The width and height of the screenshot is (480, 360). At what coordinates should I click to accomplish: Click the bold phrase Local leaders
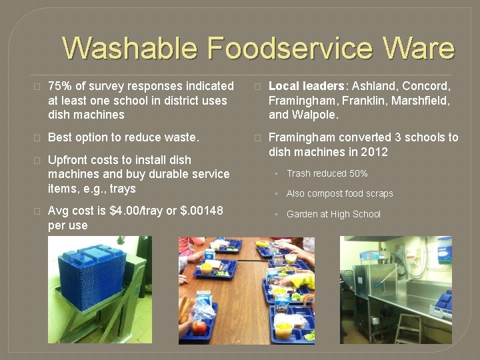click(x=307, y=87)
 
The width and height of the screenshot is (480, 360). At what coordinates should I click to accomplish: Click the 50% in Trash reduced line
click(x=357, y=173)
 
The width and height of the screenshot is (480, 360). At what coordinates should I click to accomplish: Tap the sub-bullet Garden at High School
click(x=333, y=214)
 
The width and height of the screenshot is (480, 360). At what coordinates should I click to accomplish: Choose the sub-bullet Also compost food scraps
click(x=339, y=193)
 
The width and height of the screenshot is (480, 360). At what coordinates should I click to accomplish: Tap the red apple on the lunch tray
click(x=199, y=327)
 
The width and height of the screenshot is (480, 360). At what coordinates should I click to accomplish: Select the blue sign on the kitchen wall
click(x=444, y=250)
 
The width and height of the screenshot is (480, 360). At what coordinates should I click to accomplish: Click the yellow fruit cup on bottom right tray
click(x=284, y=328)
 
